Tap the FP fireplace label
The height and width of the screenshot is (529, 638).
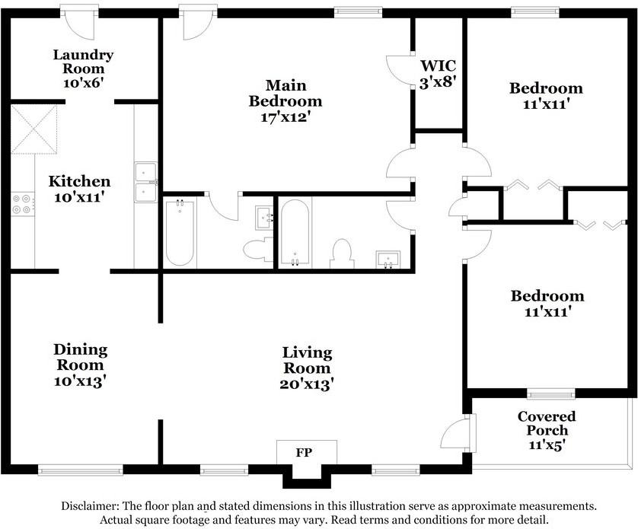coord(304,452)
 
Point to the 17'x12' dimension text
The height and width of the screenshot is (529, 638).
coord(286,117)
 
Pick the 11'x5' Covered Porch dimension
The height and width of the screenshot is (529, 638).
coord(546,446)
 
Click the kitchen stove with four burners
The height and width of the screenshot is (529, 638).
coord(22,203)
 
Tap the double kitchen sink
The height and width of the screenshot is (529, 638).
coord(145,183)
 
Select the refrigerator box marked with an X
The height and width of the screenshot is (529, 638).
coord(33,129)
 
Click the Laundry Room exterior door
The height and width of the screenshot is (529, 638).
coord(80,23)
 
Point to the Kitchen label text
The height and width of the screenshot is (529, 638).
coord(79,181)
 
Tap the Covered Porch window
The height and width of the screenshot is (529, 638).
coord(550,394)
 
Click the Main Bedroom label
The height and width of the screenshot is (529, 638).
coord(286,92)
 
